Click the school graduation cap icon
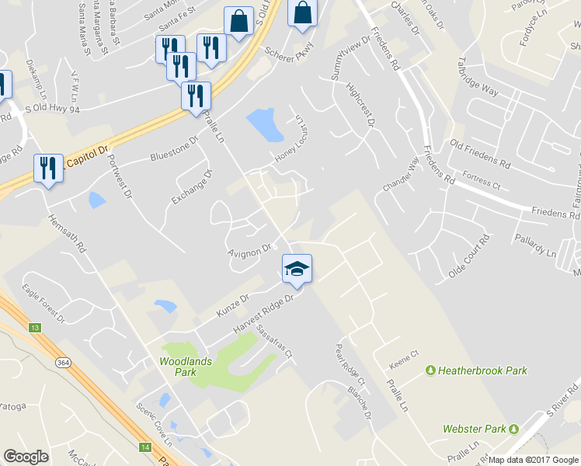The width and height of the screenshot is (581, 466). tap(297, 269)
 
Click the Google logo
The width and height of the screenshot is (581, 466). tap(26, 456)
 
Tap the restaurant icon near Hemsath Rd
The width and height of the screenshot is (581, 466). tap(49, 169)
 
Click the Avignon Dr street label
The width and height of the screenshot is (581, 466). tap(249, 250)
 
